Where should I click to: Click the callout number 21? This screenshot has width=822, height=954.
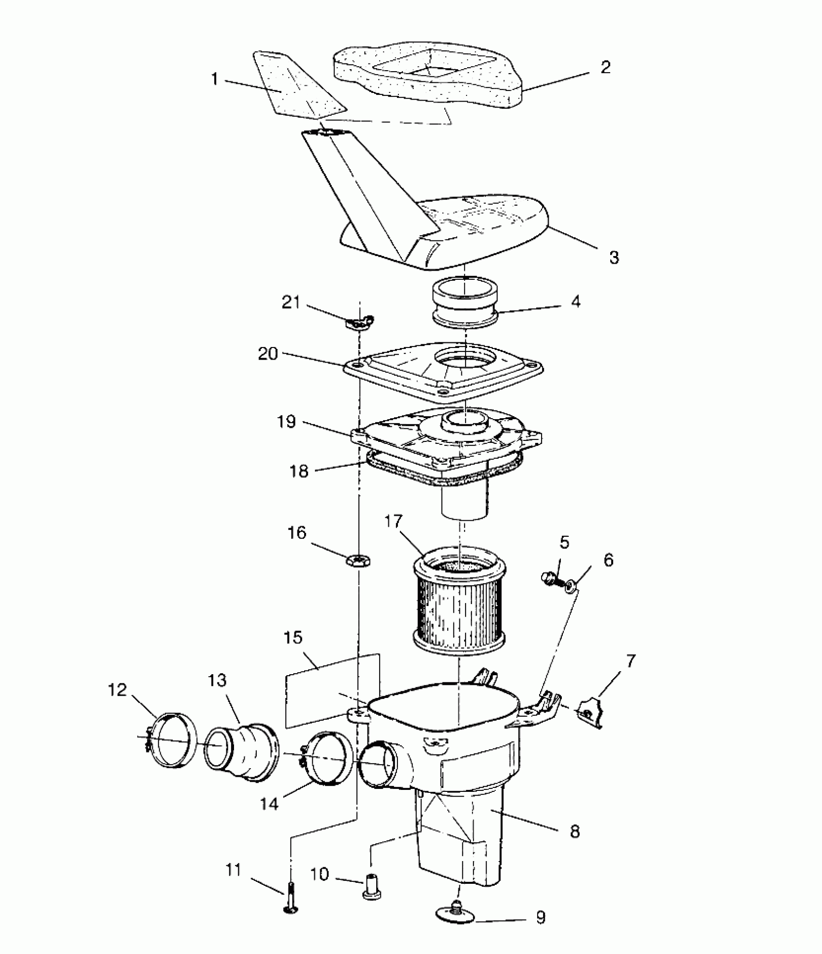291,303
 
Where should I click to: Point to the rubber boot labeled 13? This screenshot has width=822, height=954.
244,753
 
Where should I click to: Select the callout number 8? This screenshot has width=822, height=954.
574,832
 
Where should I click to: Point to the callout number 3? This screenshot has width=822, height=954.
614,257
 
